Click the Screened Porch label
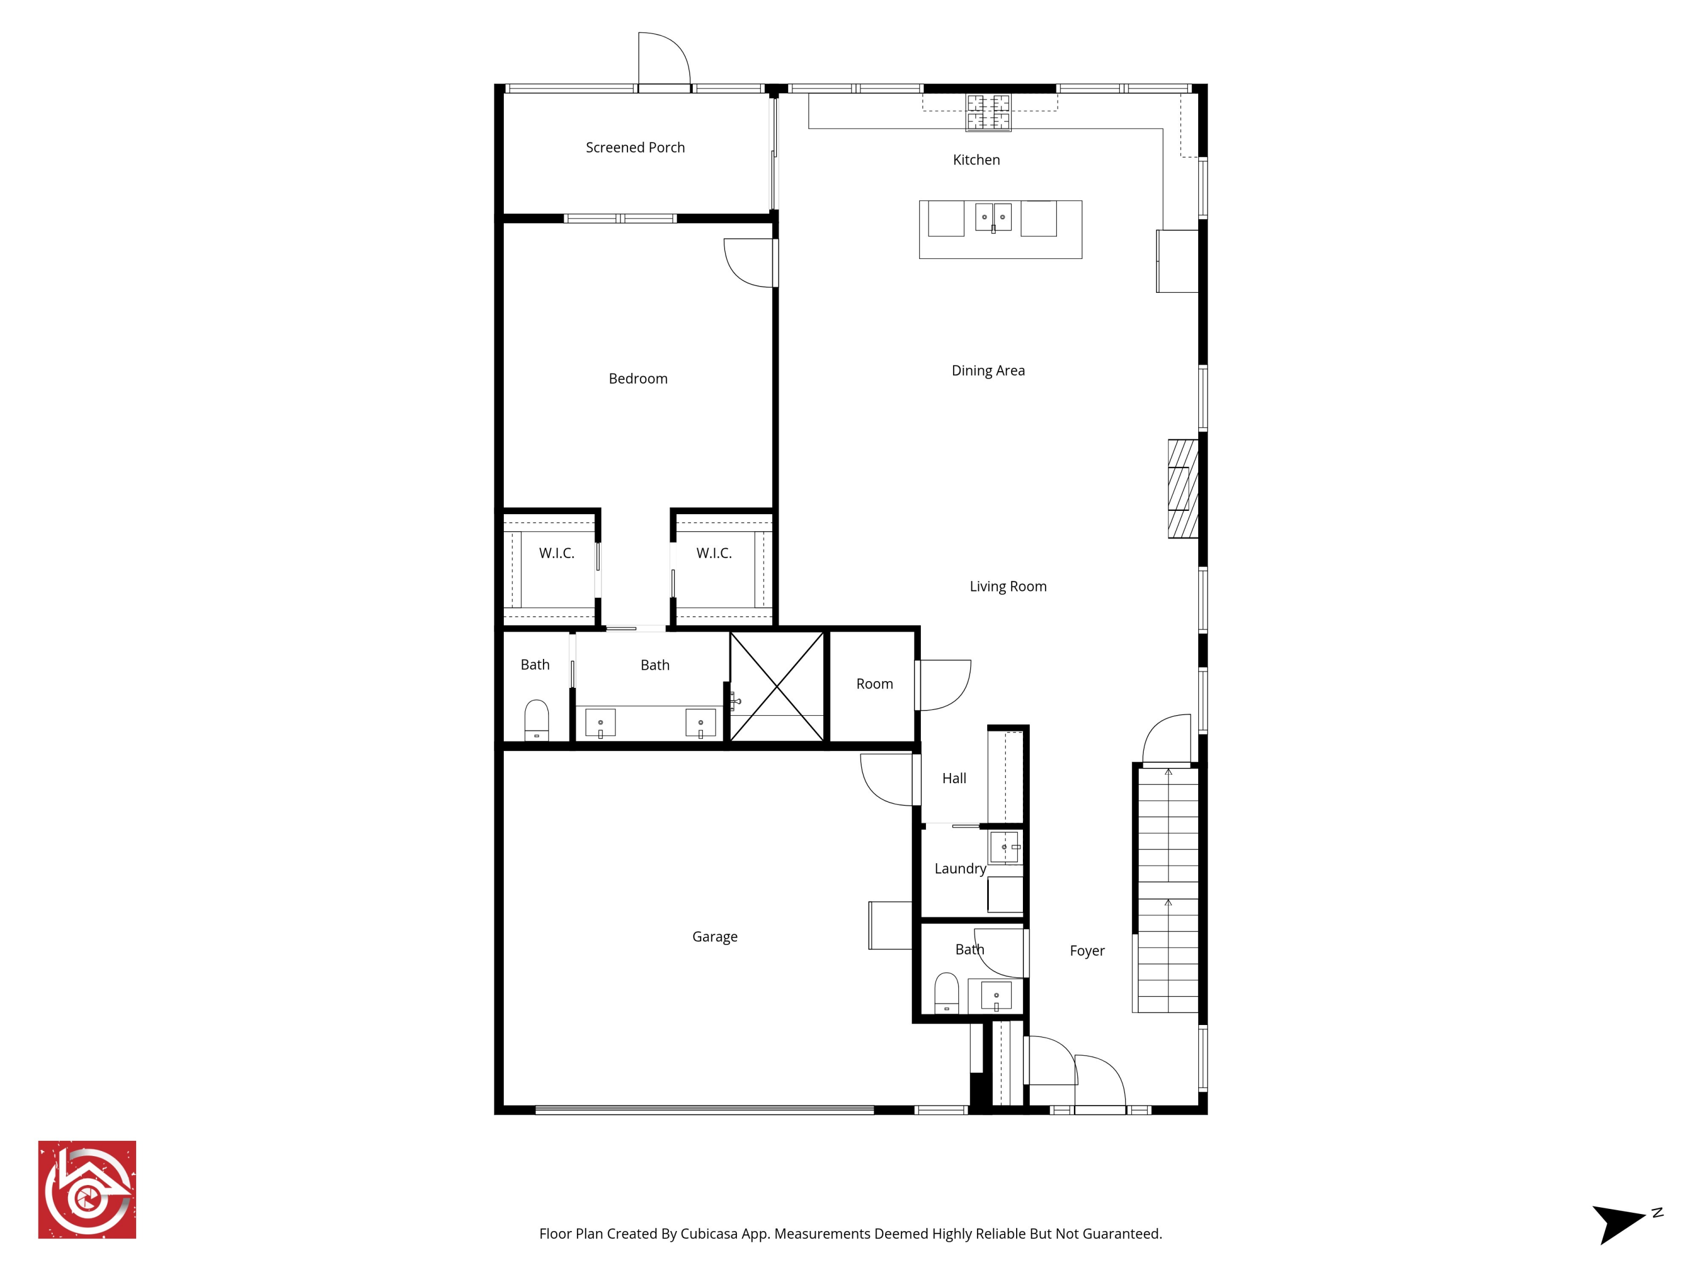point(635,147)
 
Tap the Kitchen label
point(976,159)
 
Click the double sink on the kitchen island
point(993,217)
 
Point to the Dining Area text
point(988,370)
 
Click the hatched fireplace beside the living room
point(1183,488)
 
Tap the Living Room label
point(1007,586)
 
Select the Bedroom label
point(638,378)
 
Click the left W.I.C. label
point(557,553)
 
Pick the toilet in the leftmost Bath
point(536,720)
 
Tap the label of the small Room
point(874,683)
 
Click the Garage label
point(714,936)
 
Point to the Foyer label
point(1086,951)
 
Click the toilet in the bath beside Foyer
point(946,993)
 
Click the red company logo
point(87,1189)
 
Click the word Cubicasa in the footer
point(709,1233)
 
